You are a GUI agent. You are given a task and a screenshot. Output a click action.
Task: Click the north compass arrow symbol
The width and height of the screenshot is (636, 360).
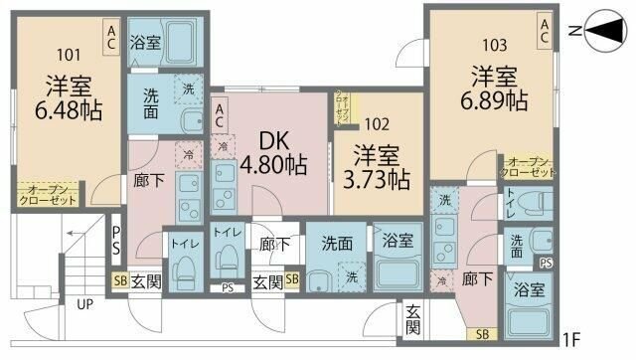(602, 34)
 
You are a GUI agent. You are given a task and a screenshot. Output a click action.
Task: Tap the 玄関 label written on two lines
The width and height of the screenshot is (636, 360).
(412, 319)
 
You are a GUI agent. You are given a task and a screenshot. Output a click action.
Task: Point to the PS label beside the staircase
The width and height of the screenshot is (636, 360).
(116, 238)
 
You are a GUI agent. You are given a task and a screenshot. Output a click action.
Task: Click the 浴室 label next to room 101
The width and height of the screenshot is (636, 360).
(145, 43)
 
